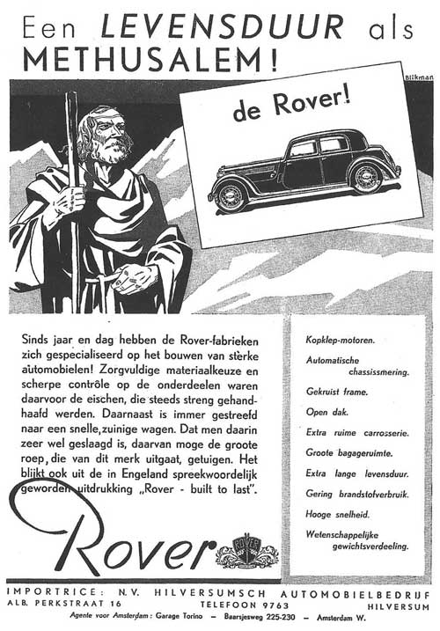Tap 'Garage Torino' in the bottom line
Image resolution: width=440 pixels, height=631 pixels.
168,620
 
